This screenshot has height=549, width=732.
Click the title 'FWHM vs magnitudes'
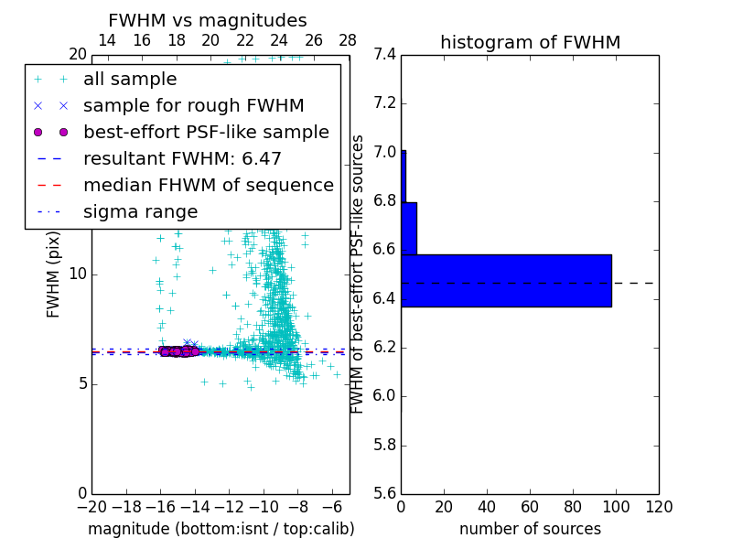207,20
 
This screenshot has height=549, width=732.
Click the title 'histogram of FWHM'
530,42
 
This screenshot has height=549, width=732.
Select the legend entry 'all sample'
130,80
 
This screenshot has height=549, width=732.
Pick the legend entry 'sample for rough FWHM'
193,105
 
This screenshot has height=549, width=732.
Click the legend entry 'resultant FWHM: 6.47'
182,158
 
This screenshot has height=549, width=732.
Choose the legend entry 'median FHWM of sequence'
208,185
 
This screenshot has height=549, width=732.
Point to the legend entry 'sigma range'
140,211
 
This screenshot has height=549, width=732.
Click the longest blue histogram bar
506,281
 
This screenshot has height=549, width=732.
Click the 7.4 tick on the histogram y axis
384,55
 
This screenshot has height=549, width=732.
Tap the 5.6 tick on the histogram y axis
384,494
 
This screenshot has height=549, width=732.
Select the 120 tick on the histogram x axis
659,507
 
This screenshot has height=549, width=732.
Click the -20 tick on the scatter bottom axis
91,507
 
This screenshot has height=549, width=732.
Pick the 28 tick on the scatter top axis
348,40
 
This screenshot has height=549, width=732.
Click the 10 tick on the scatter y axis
78,274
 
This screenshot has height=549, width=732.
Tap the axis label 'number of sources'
530,529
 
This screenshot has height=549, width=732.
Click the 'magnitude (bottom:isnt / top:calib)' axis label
221,529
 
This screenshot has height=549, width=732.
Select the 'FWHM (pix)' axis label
54,274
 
